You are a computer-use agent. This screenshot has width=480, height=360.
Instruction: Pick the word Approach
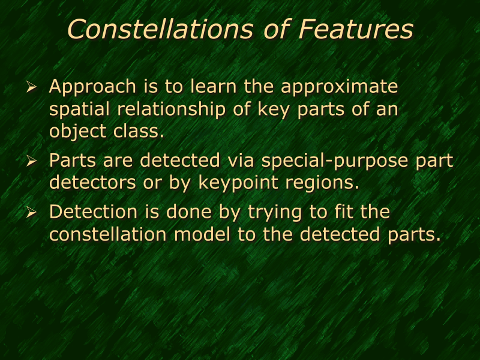pos(92,88)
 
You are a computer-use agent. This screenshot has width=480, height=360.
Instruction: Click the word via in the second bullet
pos(236,161)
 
